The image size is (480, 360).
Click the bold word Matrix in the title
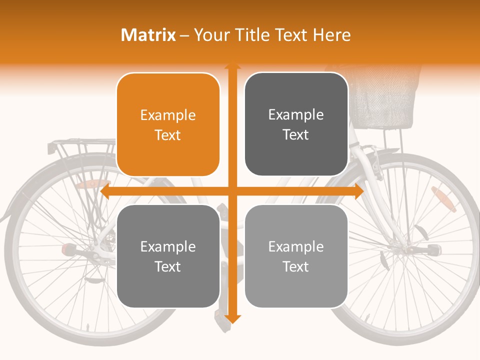coord(148,35)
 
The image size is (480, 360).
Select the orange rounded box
coord(168,124)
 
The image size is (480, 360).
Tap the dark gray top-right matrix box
coord(296,124)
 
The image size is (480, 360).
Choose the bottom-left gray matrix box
coord(168,256)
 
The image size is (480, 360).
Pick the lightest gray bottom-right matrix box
coord(296,256)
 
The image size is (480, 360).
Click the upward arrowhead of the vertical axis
coord(232,65)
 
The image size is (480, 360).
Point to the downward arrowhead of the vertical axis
coord(232,318)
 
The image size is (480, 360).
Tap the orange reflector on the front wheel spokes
coord(443,199)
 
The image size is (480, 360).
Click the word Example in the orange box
coord(168,115)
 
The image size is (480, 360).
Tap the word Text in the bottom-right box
coord(296,266)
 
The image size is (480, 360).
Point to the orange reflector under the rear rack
coord(94,184)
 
